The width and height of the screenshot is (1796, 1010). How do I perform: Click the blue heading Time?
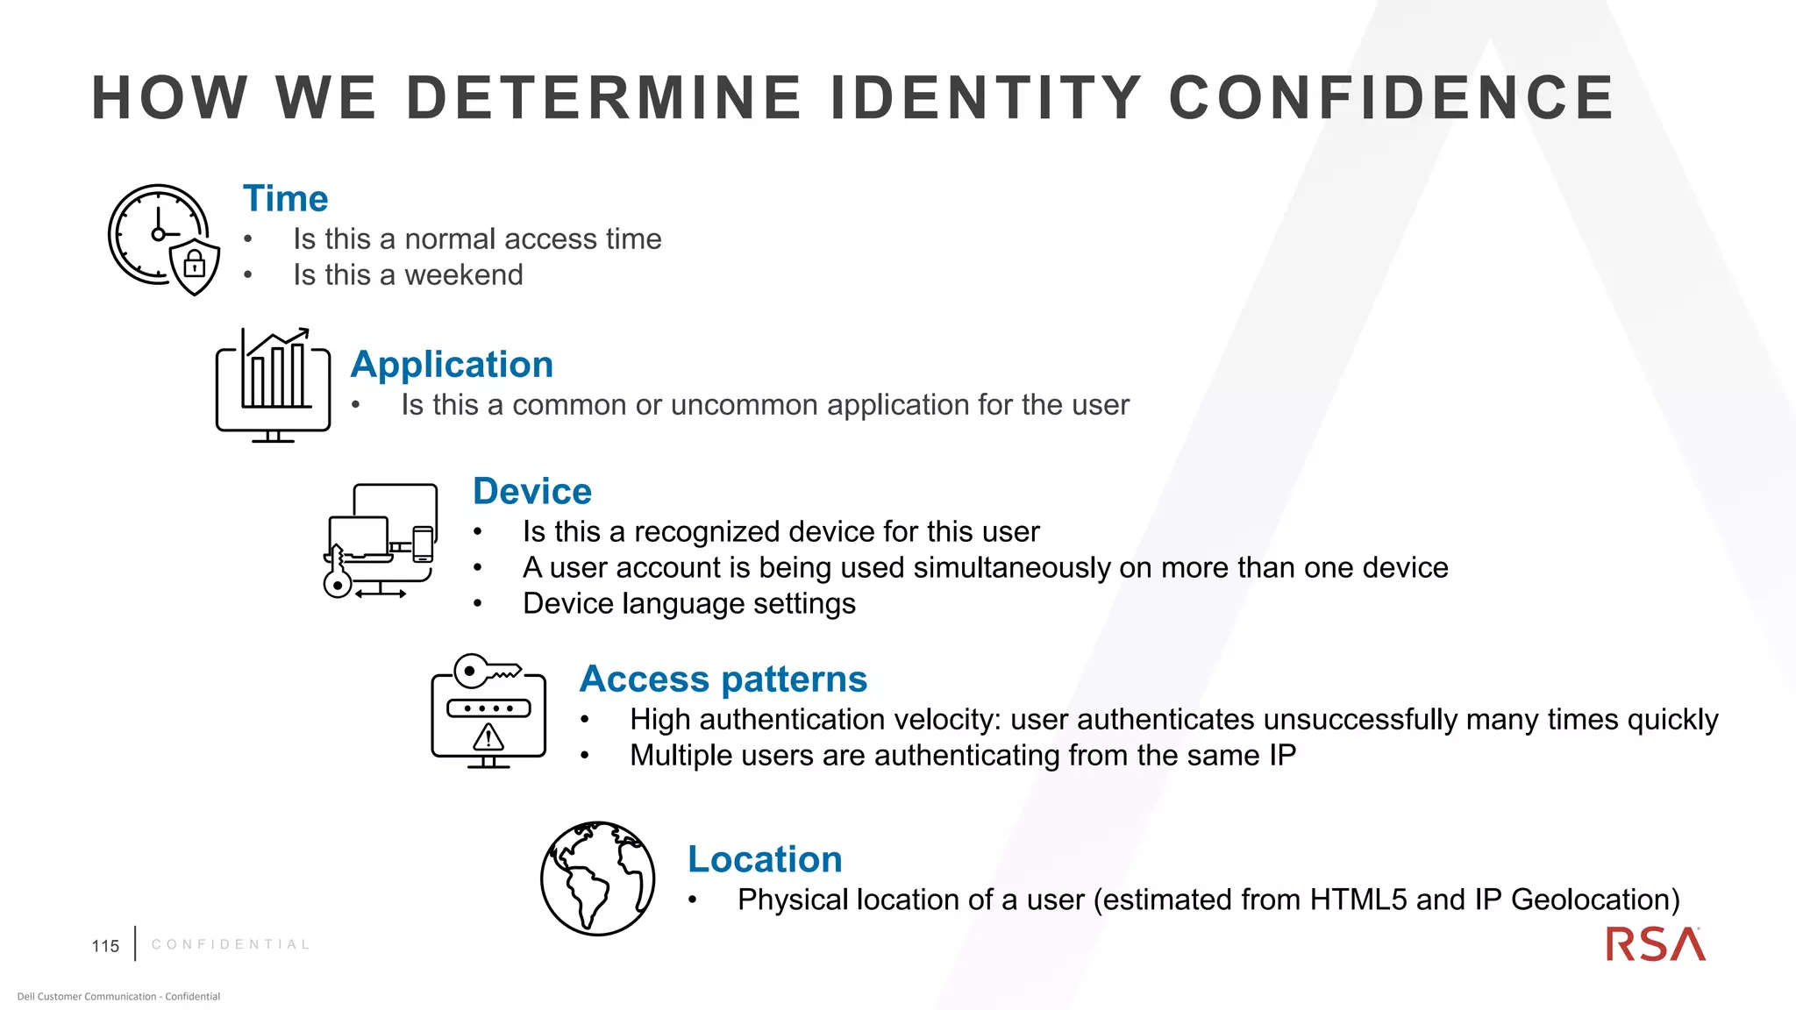[x=285, y=199]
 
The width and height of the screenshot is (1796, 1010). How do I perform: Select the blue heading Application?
[x=452, y=365]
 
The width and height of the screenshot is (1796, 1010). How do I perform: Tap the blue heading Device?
[x=531, y=492]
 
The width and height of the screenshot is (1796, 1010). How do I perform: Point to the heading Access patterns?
[x=723, y=679]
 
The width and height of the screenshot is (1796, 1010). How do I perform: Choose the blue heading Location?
[x=765, y=859]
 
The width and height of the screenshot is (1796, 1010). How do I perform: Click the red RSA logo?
[x=1655, y=945]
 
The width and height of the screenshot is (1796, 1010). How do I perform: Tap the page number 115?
[x=105, y=946]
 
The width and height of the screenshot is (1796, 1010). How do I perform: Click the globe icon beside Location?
[x=597, y=878]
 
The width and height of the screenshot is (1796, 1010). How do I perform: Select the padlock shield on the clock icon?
[x=195, y=266]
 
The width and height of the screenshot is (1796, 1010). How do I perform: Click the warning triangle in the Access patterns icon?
[x=488, y=737]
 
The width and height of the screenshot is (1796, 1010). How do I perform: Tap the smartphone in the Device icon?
[x=423, y=544]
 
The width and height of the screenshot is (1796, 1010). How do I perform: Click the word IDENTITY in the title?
[x=985, y=97]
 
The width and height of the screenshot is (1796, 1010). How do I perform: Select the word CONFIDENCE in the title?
[x=1391, y=97]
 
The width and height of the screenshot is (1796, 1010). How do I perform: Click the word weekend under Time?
[x=463, y=275]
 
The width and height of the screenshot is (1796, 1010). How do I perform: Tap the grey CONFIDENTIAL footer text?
[x=231, y=944]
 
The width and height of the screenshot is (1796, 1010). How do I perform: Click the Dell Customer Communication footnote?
[x=118, y=996]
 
